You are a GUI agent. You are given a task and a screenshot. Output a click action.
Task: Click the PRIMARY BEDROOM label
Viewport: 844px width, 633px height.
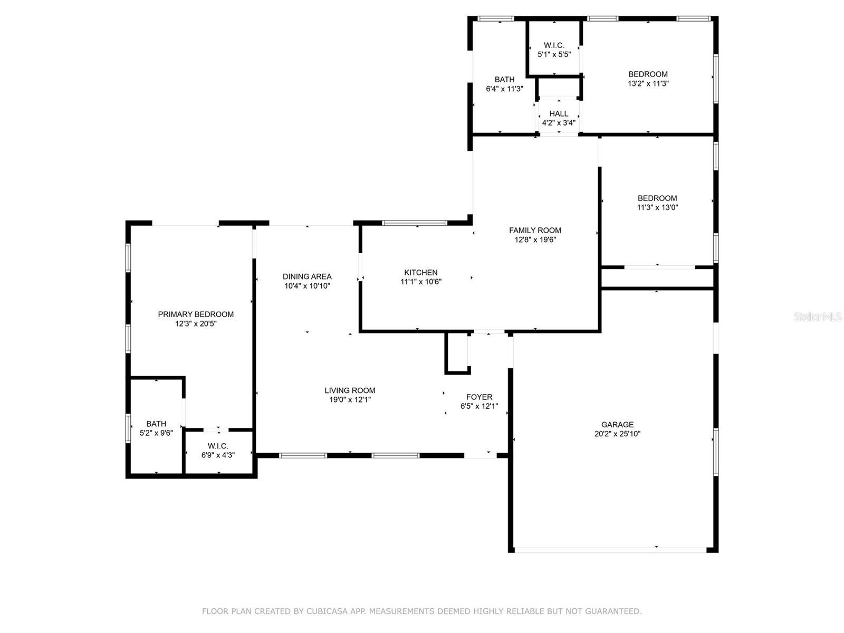point(196,314)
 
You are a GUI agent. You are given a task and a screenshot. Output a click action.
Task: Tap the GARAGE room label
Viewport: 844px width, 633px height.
point(617,424)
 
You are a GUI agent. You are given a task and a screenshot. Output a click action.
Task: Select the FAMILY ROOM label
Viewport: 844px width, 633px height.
point(535,230)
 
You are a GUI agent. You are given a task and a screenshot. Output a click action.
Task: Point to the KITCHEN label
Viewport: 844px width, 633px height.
point(420,272)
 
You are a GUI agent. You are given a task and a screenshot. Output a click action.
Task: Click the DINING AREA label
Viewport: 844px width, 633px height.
point(307,276)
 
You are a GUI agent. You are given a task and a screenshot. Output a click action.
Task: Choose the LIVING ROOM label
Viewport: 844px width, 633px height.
point(350,390)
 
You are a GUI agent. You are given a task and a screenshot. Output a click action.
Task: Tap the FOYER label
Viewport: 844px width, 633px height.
point(479,397)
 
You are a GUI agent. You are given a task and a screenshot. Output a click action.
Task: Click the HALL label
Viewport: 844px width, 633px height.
point(559,113)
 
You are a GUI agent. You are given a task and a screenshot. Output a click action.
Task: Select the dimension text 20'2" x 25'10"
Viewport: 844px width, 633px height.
point(617,434)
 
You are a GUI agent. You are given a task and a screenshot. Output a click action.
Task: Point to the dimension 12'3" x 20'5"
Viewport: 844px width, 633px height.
point(196,323)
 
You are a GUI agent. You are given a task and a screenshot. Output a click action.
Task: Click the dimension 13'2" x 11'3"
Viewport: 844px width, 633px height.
point(648,83)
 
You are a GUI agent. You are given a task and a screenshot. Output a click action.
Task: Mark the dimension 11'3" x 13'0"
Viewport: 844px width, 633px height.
point(657,207)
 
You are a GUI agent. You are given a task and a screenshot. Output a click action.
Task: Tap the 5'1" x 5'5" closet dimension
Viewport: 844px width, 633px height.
point(554,54)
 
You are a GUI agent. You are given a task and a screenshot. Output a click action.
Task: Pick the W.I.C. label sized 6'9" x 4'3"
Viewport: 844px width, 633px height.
point(218,446)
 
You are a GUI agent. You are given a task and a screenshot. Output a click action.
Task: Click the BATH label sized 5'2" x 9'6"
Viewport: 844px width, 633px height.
point(156,424)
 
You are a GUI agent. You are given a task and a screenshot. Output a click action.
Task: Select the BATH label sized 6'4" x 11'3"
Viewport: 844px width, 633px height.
point(504,79)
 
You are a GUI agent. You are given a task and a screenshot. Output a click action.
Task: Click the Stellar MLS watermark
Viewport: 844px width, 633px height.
point(818,316)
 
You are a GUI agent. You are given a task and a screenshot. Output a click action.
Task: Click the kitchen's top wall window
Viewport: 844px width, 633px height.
point(415,223)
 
